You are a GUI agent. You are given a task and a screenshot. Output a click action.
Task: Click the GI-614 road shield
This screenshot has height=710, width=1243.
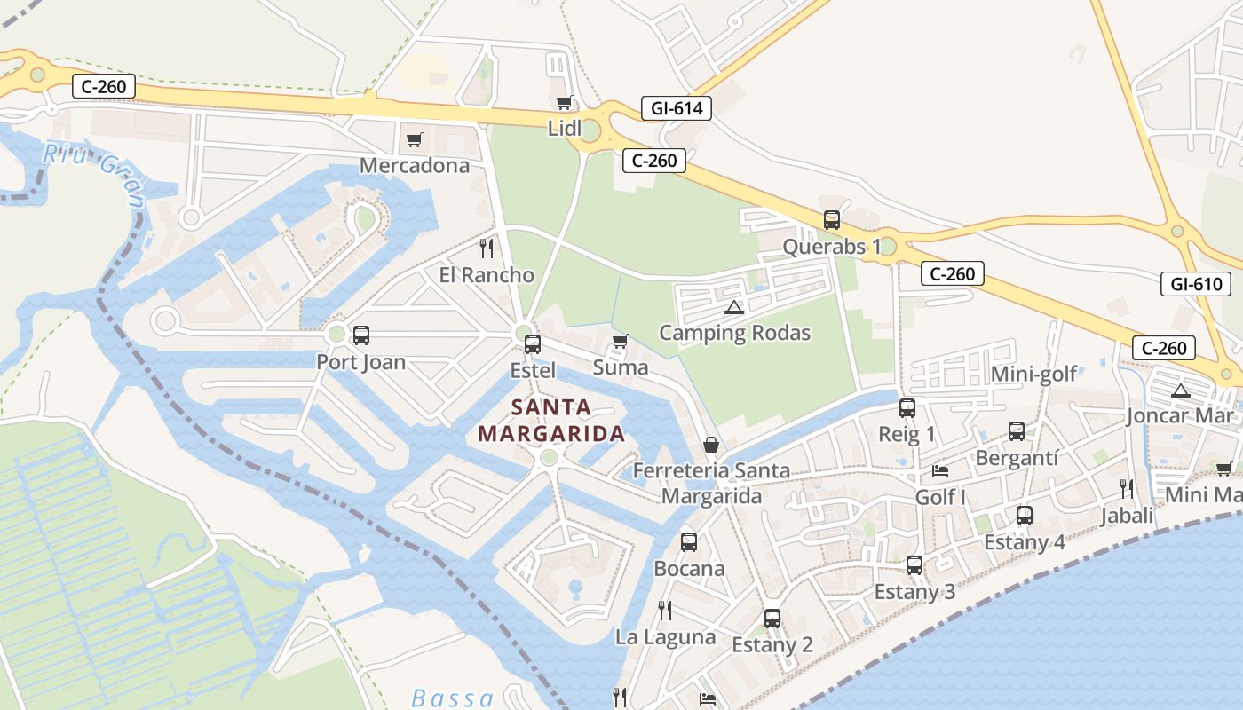point(677,108)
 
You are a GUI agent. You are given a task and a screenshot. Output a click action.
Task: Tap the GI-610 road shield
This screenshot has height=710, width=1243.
point(1195,284)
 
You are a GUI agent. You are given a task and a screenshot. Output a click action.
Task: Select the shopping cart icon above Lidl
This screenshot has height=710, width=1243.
point(563,103)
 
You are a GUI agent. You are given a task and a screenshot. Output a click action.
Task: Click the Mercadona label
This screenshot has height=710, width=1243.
point(415,165)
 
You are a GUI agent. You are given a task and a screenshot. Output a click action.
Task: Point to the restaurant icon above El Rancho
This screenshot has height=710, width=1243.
point(487,247)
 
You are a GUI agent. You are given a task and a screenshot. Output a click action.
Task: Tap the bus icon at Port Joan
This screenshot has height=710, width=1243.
point(361,335)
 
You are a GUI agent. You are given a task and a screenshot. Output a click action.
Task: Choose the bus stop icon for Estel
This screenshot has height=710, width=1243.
point(533,344)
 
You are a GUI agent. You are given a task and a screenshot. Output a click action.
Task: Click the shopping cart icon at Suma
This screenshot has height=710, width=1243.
point(620,342)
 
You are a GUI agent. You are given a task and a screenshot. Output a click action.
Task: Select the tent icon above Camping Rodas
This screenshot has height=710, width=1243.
point(733,307)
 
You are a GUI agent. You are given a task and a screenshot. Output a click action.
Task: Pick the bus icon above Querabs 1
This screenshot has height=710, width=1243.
point(831,220)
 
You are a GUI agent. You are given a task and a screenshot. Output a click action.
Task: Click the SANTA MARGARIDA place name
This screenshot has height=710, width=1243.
point(551,421)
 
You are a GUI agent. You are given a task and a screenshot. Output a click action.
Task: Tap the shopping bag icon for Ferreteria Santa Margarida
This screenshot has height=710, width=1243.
point(711,445)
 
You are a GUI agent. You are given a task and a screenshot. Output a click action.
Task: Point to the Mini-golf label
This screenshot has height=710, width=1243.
point(1033,374)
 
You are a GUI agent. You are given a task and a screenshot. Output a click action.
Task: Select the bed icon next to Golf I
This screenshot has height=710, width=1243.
point(940,470)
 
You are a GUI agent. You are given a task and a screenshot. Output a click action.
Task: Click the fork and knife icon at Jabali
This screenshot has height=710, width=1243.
point(1127,488)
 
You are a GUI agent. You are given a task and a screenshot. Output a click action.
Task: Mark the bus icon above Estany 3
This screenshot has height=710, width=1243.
point(914,564)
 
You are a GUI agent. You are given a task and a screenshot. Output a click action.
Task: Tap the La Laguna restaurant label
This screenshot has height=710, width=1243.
point(665,637)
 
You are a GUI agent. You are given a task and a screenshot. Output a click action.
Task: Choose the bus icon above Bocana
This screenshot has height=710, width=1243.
point(689,541)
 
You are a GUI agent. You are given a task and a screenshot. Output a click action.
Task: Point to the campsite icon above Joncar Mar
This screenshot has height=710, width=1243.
point(1180,390)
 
